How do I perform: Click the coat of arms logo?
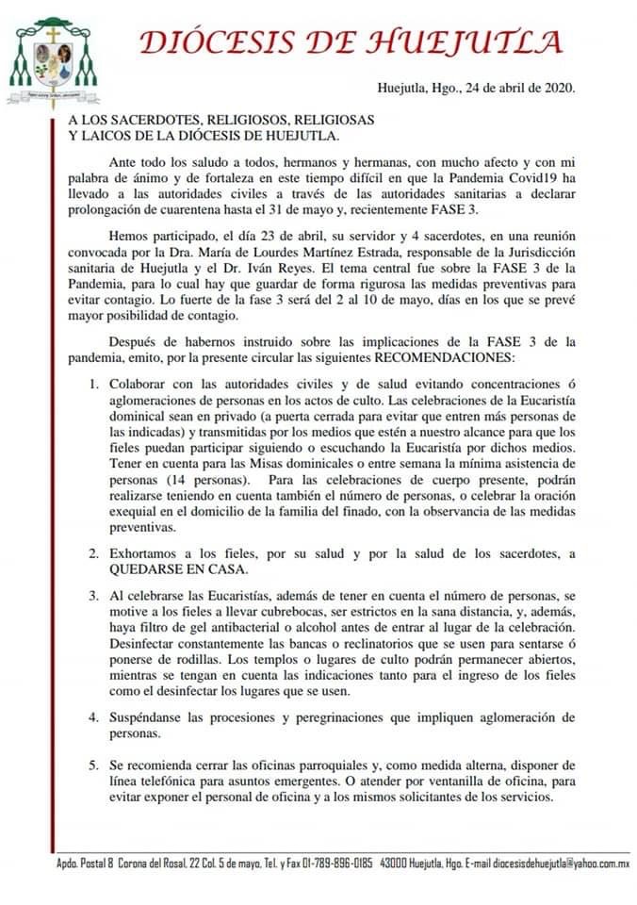point(54,58)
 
